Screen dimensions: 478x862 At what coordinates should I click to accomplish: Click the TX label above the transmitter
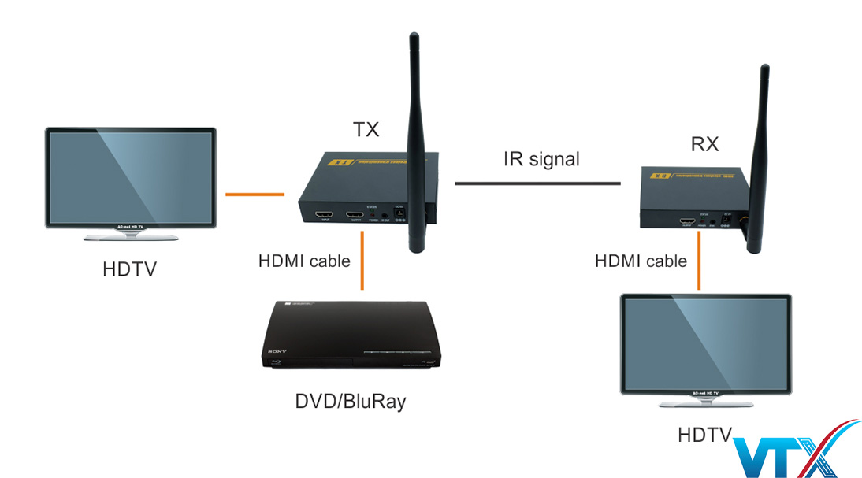365,129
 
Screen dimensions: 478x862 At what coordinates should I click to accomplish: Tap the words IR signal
541,159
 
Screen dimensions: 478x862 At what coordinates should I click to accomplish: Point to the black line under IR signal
537,183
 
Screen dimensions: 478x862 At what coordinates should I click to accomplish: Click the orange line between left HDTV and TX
255,193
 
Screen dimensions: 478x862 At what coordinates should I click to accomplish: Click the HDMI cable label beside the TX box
304,261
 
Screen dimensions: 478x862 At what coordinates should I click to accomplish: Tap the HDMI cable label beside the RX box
641,261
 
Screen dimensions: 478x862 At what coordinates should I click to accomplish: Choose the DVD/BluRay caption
351,402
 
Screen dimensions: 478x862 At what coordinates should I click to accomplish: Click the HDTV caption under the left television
129,269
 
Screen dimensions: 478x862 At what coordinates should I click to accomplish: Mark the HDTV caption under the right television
704,435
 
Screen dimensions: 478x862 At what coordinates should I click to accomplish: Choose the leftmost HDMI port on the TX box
322,215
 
